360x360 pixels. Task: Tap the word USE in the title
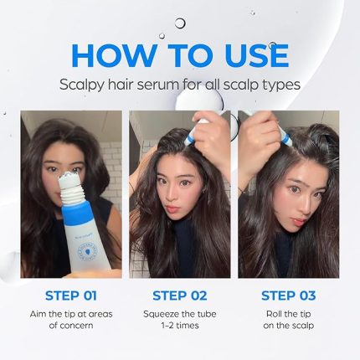pos(245,54)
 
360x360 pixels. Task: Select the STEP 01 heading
pos(70,296)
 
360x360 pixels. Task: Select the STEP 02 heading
pos(179,296)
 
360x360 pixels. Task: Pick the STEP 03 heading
pos(289,296)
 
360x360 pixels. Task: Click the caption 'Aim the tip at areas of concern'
pos(70,319)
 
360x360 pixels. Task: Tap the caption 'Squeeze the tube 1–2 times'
pos(179,319)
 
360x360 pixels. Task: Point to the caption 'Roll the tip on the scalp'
pos(289,319)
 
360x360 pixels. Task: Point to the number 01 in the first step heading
pos(87,296)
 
